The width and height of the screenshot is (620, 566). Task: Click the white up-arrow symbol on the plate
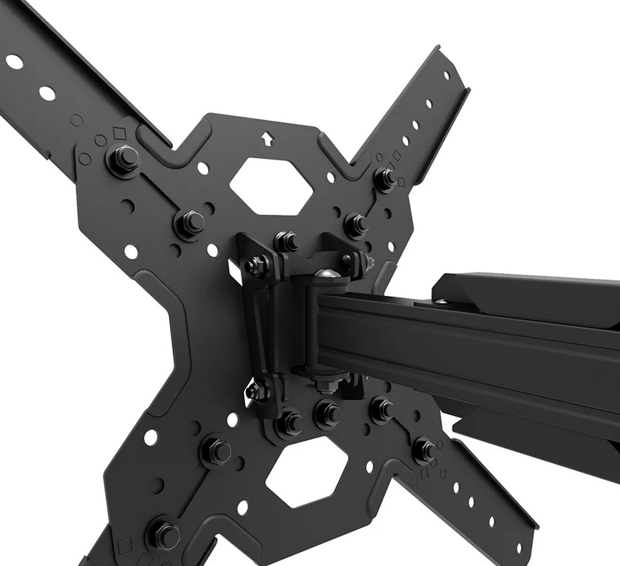267,139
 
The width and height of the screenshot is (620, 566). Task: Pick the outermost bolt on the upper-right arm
384,178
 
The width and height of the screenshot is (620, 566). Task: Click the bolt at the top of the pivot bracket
286,241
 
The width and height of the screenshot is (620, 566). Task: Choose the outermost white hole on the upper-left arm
14,62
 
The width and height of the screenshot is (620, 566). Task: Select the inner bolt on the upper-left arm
189,223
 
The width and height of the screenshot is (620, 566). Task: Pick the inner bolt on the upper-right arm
355,224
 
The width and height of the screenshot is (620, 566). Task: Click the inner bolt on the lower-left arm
216,449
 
